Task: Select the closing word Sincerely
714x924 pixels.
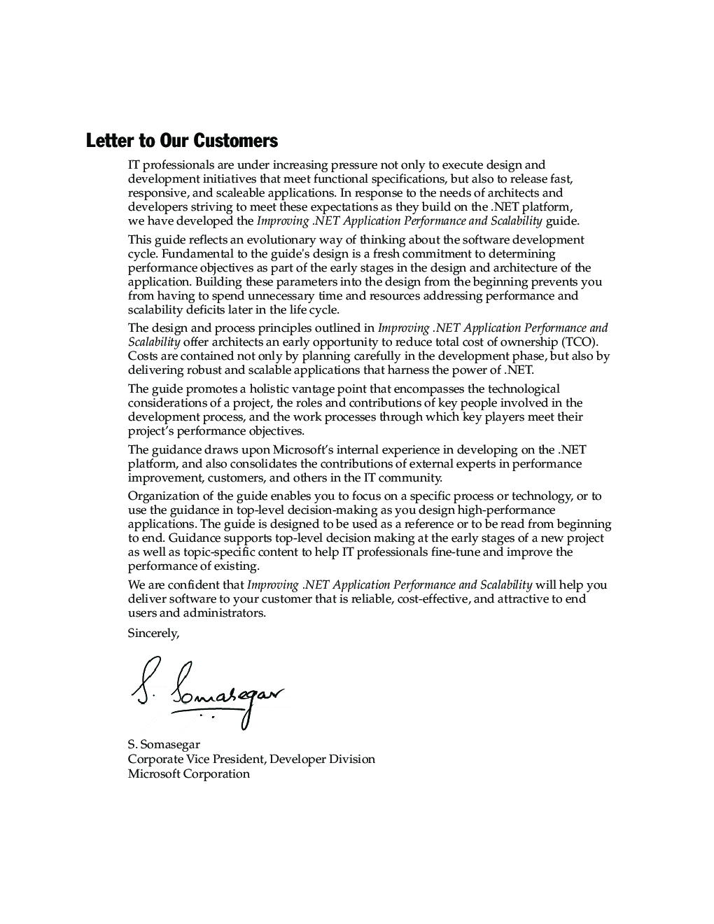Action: tap(153, 633)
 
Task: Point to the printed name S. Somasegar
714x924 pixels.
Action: tap(164, 744)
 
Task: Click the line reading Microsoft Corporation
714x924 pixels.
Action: tap(188, 773)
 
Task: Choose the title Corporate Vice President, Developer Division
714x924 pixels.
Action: tap(251, 759)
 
